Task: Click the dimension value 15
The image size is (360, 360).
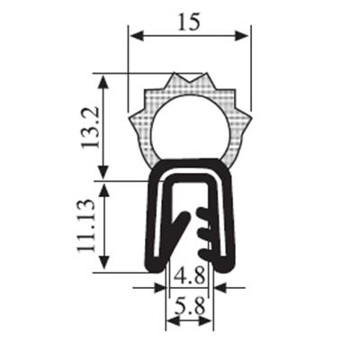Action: click(x=189, y=22)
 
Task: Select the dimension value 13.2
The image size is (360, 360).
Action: click(x=90, y=127)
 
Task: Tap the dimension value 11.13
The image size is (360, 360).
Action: click(x=85, y=226)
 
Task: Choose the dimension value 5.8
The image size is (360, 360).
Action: click(x=190, y=306)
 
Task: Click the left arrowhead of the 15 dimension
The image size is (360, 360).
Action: click(x=137, y=36)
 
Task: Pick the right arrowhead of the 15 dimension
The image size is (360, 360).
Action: click(x=242, y=36)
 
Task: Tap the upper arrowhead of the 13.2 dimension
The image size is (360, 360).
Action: click(x=103, y=81)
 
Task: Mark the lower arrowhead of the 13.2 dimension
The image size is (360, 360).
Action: click(x=103, y=172)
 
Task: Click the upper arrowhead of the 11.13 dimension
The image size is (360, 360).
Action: click(x=103, y=190)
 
